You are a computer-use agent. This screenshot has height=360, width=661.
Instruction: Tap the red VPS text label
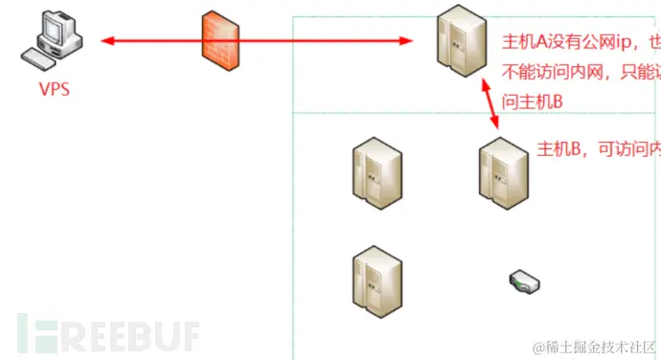coord(55,91)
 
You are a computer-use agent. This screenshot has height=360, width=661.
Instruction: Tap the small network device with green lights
coord(524,281)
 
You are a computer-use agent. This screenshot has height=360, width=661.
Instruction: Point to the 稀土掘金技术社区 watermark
coord(593,345)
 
